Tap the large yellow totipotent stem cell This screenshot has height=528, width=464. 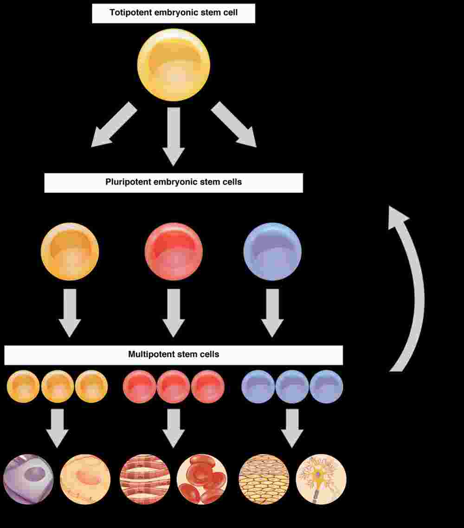tap(174, 65)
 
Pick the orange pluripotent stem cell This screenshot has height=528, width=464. tap(70, 251)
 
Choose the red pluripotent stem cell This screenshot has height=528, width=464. tap(174, 251)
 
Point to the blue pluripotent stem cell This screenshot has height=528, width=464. tap(272, 251)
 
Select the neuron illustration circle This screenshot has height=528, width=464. tap(321, 479)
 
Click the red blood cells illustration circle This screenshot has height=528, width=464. tap(202, 479)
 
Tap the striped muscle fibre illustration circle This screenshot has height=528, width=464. tap(145, 479)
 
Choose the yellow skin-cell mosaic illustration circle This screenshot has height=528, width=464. tap(264, 479)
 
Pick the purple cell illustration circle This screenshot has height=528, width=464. tap(28, 479)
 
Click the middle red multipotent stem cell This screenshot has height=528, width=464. tap(174, 387)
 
